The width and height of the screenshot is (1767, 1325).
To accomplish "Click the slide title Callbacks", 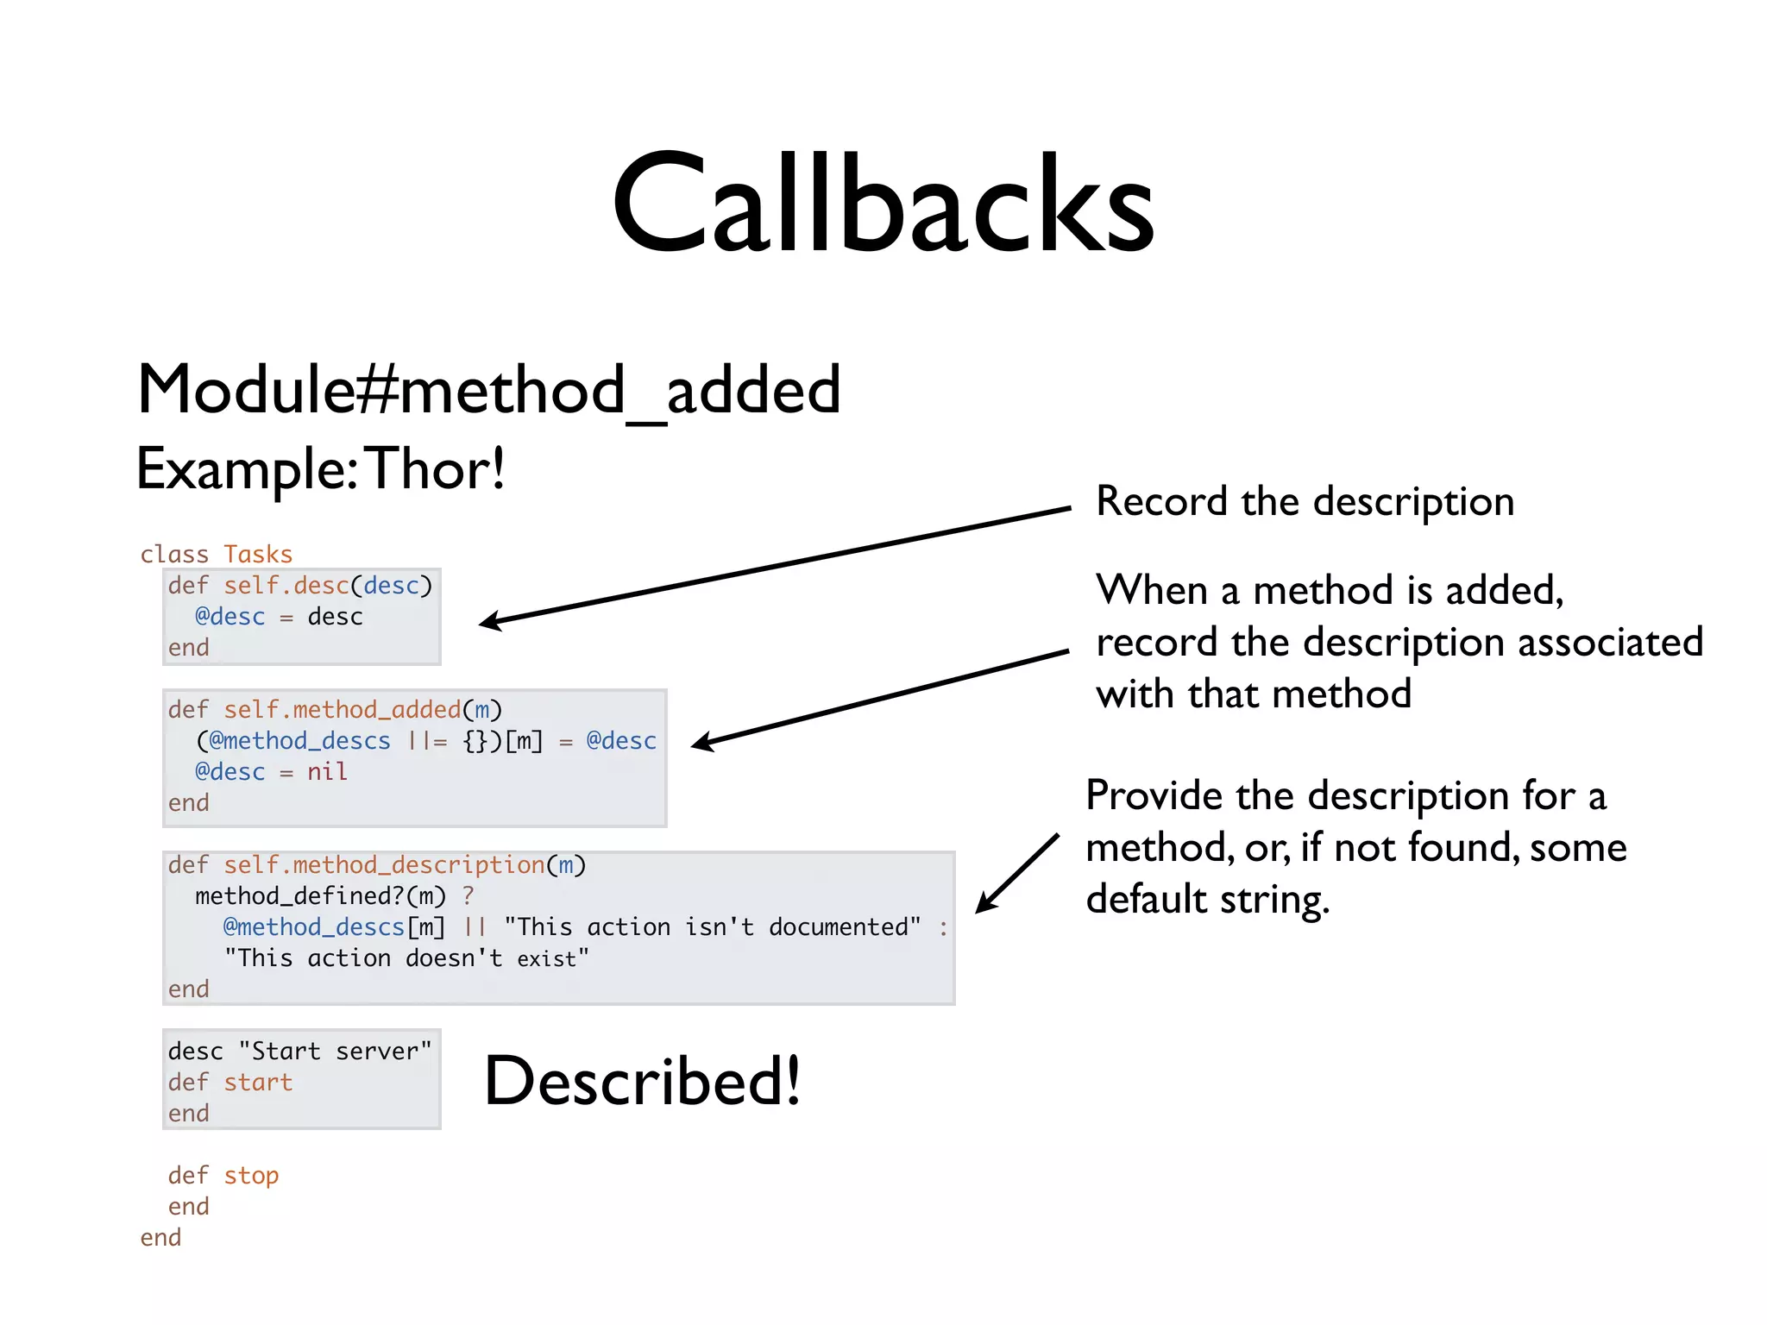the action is pos(883,204).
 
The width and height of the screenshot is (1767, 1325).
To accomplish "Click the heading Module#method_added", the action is pos(488,390).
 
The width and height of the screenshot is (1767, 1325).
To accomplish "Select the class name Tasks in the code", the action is pos(258,554).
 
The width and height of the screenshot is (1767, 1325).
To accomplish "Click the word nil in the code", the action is pos(327,771).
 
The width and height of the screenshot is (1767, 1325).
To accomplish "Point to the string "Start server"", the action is pos(335,1051).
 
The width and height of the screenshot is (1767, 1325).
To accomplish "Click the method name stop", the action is pos(251,1175).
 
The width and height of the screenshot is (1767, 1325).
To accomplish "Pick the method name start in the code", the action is pos(258,1082).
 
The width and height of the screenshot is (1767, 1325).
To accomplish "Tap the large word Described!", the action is pos(643,1081).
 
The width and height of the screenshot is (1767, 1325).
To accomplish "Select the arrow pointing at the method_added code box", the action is pos(880,697).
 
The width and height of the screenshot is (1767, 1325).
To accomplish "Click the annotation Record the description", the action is pos(1305,501).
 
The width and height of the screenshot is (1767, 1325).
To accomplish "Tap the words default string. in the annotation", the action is pos(1207,899).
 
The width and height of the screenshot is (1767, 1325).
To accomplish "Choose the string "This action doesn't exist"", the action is pos(406,958).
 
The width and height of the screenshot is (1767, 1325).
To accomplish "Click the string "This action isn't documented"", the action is pos(713,926).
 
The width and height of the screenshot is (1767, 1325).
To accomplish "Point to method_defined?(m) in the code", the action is pos(320,895).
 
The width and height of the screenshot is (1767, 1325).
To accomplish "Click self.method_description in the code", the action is pos(384,864).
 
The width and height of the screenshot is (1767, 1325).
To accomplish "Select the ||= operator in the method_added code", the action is pos(427,740).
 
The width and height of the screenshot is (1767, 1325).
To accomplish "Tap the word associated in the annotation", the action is pos(1610,643).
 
